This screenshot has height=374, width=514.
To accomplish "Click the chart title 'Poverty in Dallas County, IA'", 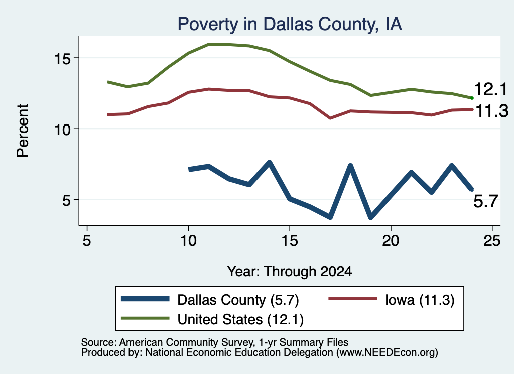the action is click(x=290, y=24).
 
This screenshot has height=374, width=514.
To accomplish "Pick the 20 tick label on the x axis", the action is click(x=391, y=241).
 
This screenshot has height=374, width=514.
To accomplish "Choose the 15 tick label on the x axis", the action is click(x=290, y=241).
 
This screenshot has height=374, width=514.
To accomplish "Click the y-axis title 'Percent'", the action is click(x=23, y=131).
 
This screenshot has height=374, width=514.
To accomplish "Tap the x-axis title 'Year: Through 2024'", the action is click(x=290, y=272).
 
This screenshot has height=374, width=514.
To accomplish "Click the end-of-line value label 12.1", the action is click(x=490, y=89).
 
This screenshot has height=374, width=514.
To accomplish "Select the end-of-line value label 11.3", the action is click(x=491, y=111).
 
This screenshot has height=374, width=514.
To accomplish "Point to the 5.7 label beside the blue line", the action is click(x=485, y=201).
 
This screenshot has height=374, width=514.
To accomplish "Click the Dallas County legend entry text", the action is click(x=238, y=300).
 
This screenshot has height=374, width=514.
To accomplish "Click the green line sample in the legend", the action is click(x=145, y=318).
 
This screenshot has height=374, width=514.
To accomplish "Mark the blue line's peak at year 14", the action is click(x=270, y=162).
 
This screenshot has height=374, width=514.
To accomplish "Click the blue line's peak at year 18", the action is click(x=350, y=166).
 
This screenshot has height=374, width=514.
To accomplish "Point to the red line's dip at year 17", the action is click(x=330, y=118).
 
